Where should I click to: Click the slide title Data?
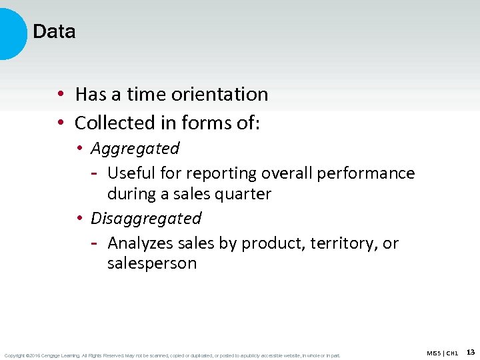(54, 31)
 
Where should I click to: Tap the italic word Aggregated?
(135, 149)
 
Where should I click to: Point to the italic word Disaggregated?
(146, 219)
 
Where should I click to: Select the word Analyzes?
(139, 243)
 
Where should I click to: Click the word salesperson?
(152, 264)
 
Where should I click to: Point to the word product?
(273, 244)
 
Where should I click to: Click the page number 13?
(471, 351)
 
